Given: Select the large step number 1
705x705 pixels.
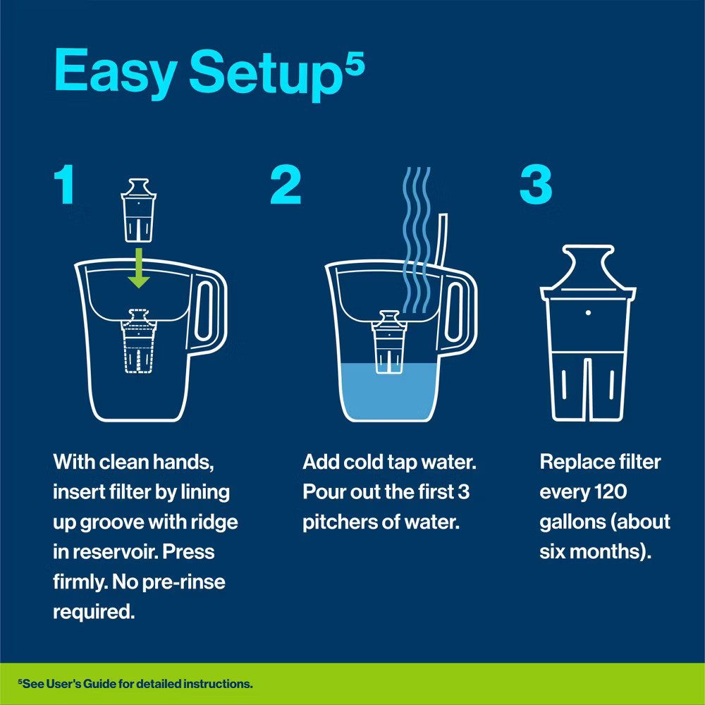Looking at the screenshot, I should [65, 186].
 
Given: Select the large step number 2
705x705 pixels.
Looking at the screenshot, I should [286, 186].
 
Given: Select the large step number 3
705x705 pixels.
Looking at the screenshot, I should [536, 186].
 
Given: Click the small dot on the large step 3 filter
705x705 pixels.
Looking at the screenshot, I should [587, 311].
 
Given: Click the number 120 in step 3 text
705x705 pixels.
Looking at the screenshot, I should [613, 492].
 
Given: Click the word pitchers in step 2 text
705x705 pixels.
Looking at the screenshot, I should [338, 522].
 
